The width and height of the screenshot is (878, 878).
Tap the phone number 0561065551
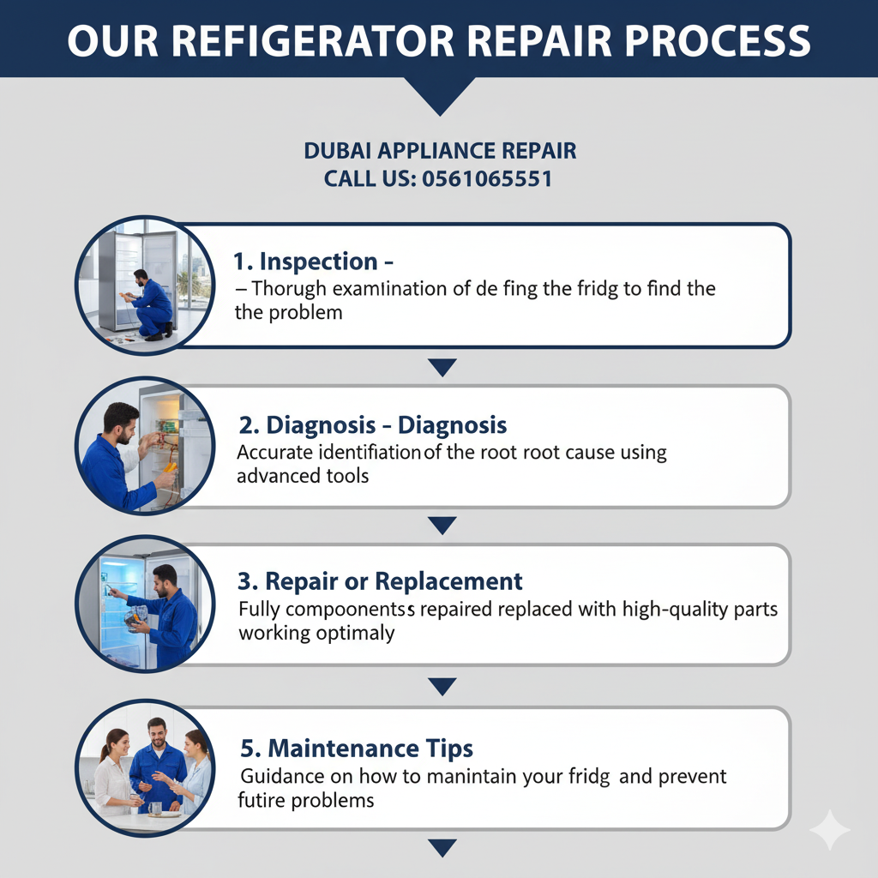(487, 179)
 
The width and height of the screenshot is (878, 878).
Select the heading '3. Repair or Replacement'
(380, 581)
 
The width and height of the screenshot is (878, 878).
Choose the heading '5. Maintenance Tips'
(356, 748)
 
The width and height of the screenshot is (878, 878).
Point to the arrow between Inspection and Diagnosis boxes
(442, 367)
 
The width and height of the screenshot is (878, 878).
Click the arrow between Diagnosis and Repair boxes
(442, 526)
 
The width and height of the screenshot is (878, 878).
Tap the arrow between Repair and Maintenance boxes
(442, 686)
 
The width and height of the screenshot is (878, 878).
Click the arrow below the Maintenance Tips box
(442, 847)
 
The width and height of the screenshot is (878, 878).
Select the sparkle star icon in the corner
(829, 829)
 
